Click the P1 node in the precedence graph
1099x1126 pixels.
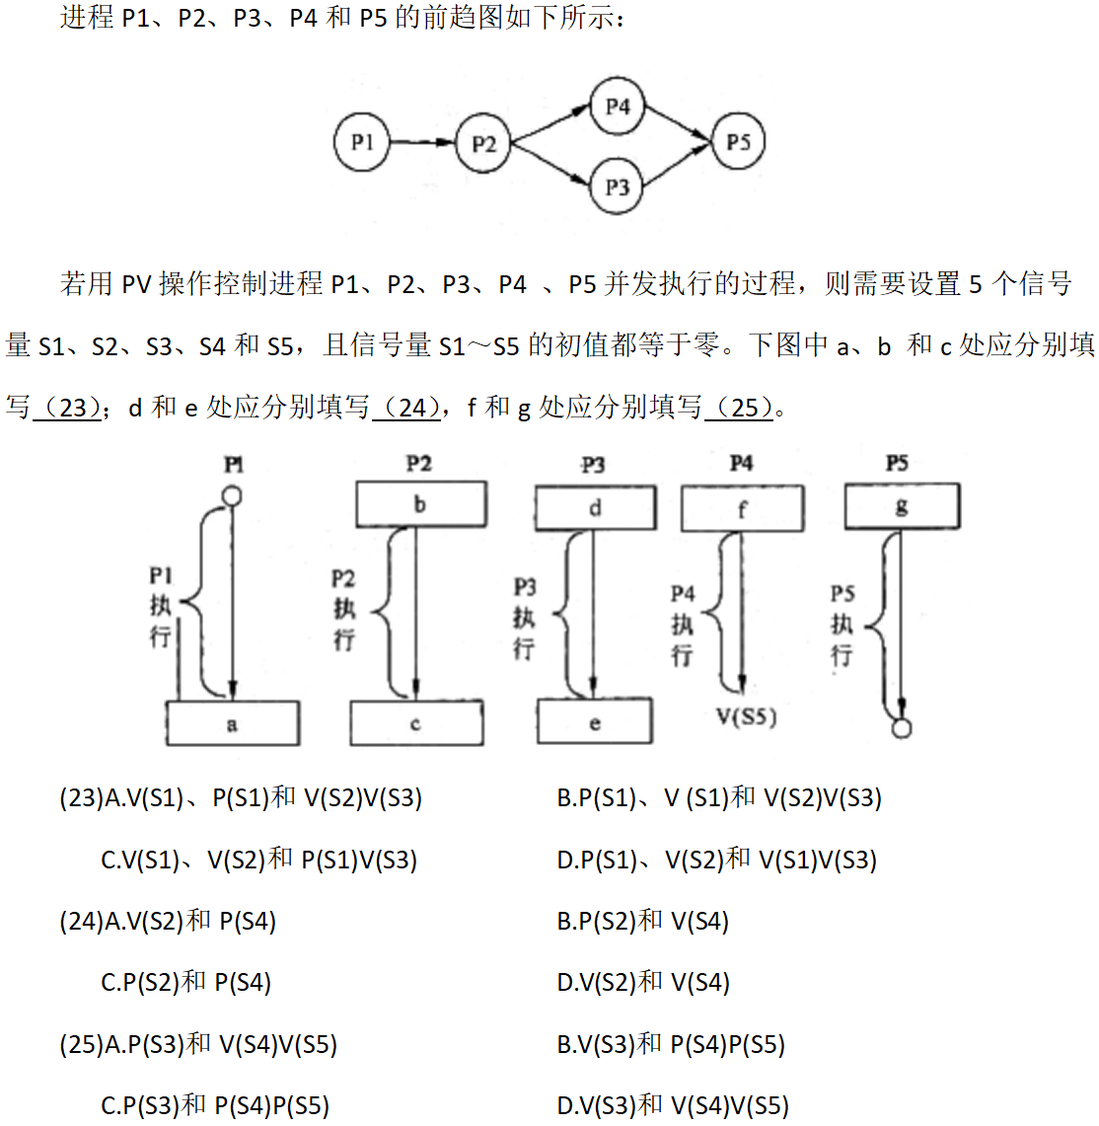(362, 142)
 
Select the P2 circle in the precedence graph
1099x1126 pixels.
(483, 144)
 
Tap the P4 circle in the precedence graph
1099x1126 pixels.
(618, 106)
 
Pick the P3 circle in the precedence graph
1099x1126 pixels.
(618, 187)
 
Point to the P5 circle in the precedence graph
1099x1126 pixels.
(738, 142)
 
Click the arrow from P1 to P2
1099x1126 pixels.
(422, 142)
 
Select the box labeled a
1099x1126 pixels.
(233, 723)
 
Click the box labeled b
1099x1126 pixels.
(420, 504)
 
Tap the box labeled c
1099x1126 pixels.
(416, 723)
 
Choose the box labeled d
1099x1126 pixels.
(595, 508)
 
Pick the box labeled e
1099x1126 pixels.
(594, 722)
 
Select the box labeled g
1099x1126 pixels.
(901, 506)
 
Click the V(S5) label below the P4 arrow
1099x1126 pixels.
(747, 716)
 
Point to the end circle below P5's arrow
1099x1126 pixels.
(901, 728)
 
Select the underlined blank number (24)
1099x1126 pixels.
(406, 407)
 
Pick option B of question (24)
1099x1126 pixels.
(642, 921)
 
